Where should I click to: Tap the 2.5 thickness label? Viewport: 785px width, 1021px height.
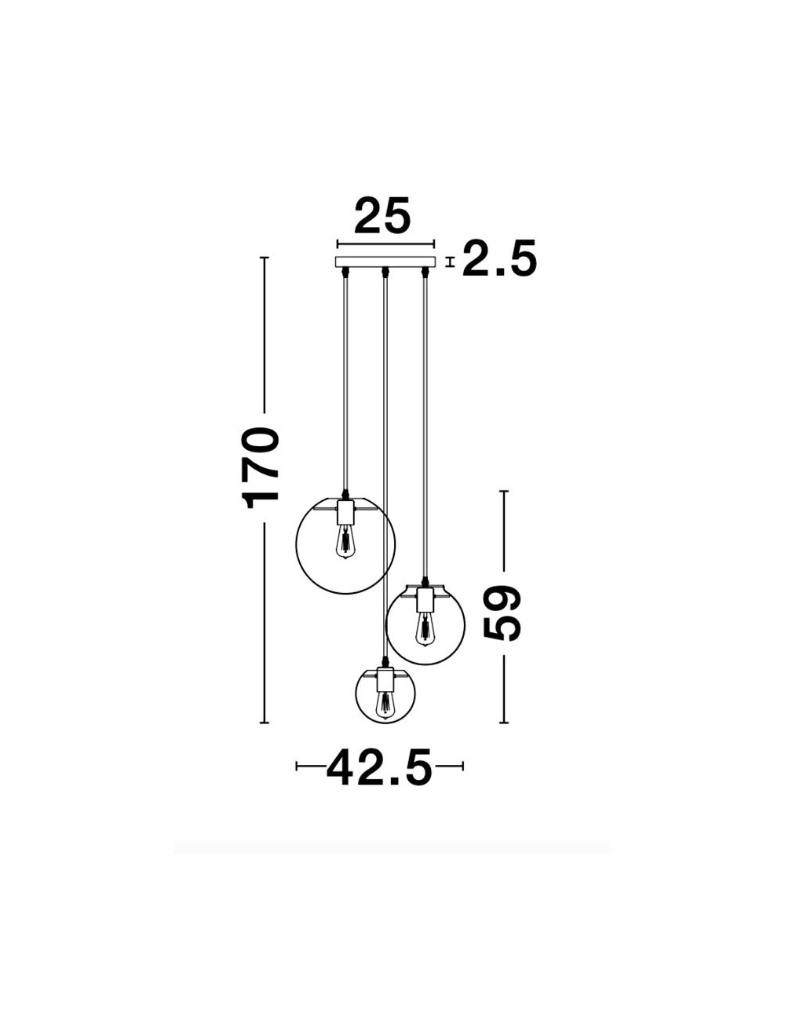pyautogui.click(x=499, y=258)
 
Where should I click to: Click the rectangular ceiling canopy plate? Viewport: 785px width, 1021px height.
pyautogui.click(x=385, y=262)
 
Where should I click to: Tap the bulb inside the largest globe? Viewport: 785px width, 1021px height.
pyautogui.click(x=345, y=543)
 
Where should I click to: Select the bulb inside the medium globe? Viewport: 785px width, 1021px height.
pyautogui.click(x=425, y=629)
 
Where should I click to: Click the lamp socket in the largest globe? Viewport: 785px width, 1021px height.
pyautogui.click(x=345, y=512)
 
